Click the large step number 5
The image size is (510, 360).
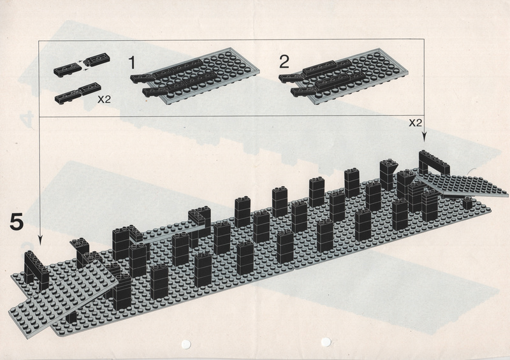17,222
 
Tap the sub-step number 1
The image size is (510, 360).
132,62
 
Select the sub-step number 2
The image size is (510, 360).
284,62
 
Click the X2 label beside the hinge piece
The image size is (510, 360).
104,99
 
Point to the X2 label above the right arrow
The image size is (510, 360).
416,122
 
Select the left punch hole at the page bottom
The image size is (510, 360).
186,344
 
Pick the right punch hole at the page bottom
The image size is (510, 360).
326,342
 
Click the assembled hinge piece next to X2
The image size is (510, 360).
78,93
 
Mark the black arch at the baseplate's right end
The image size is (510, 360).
434,163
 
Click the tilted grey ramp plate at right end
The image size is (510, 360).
462,184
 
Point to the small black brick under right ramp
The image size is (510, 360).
467,203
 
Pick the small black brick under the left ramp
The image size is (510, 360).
71,317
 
